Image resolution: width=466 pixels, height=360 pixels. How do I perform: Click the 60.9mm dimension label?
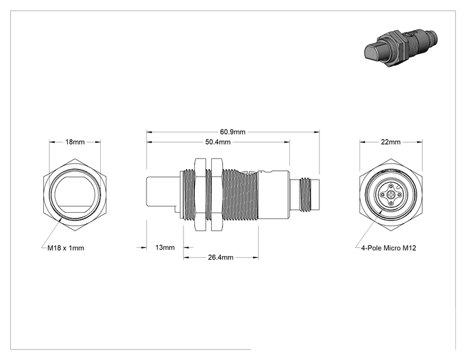[x=233, y=131]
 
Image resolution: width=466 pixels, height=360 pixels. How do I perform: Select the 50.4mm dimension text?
[x=218, y=142]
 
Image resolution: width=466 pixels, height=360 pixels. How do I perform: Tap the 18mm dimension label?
[x=75, y=142]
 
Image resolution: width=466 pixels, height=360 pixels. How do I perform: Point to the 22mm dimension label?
[x=390, y=142]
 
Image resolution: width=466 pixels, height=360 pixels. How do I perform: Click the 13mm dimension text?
[x=165, y=247]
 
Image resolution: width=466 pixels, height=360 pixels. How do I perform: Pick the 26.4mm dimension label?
[x=220, y=257]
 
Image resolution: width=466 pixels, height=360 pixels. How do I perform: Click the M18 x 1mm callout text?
[x=66, y=248]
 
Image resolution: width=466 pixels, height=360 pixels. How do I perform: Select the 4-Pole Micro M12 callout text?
[x=388, y=248]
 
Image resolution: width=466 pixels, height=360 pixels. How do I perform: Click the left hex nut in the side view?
[x=200, y=195]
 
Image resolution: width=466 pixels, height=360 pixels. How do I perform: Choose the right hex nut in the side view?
[x=216, y=195]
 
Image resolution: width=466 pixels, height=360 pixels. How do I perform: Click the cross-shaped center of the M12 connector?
[x=390, y=195]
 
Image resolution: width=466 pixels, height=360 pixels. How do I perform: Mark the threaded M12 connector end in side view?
[x=305, y=195]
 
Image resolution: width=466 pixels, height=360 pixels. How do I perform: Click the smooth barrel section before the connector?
[x=274, y=195]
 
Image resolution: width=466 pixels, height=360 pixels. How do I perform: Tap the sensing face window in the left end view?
[x=75, y=194]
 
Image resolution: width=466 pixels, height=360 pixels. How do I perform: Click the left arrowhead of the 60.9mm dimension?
[x=149, y=132]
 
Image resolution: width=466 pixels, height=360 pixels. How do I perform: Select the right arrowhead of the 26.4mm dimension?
[x=256, y=257]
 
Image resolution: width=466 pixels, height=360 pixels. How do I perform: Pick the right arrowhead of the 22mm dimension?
[x=420, y=142]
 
